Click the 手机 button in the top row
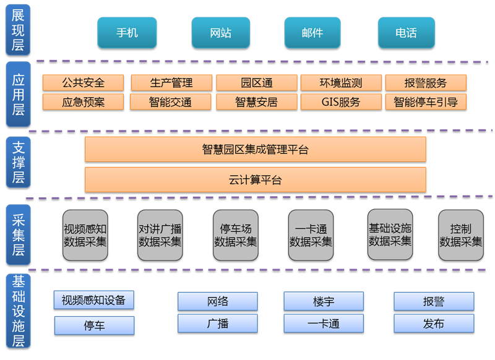(x=127, y=33)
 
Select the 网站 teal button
(x=221, y=33)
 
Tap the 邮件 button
(x=312, y=33)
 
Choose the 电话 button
(x=407, y=33)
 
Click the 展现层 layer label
(x=18, y=29)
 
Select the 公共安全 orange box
(x=84, y=83)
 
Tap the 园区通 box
(x=256, y=83)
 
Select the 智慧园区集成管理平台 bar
(x=255, y=150)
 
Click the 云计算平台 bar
(x=255, y=180)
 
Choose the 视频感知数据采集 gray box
(x=85, y=235)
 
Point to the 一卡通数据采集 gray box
(x=311, y=235)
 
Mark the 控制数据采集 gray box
(x=460, y=235)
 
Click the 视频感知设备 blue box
(x=93, y=300)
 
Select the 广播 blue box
(x=218, y=324)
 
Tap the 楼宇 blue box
(x=324, y=301)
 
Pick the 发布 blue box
(x=434, y=324)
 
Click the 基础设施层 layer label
(x=18, y=312)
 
